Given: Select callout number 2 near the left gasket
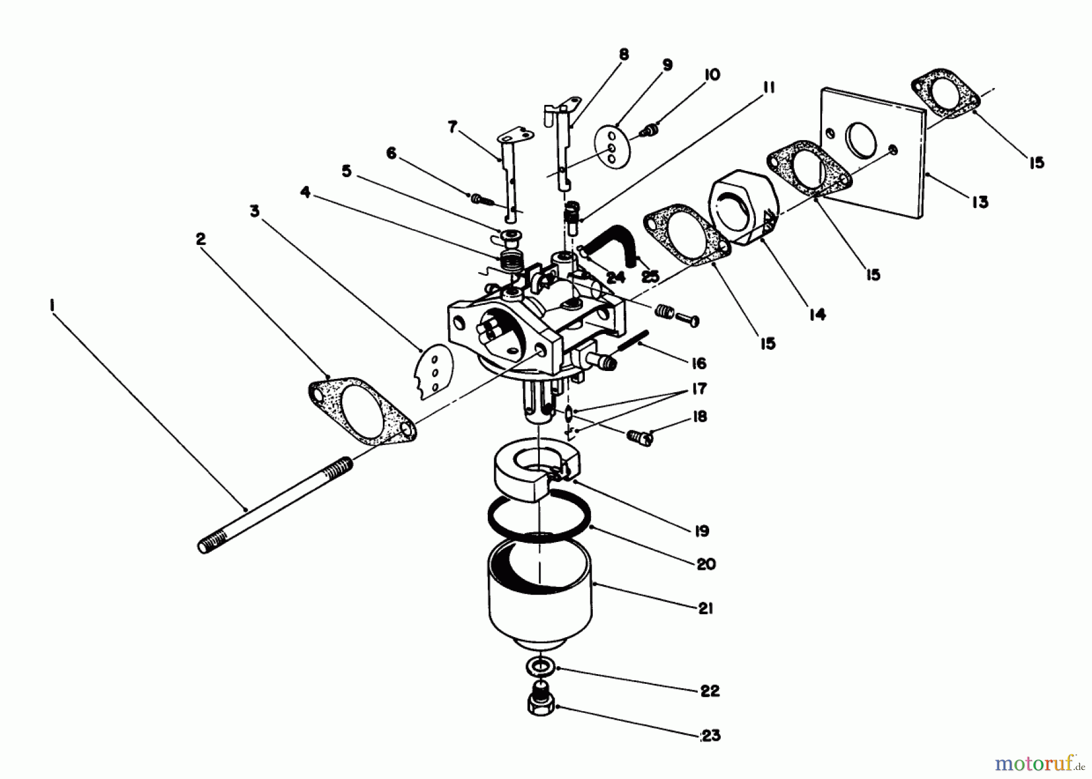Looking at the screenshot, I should (x=201, y=239).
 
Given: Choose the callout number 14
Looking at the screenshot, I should (x=817, y=314).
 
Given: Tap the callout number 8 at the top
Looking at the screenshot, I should (x=624, y=55).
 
